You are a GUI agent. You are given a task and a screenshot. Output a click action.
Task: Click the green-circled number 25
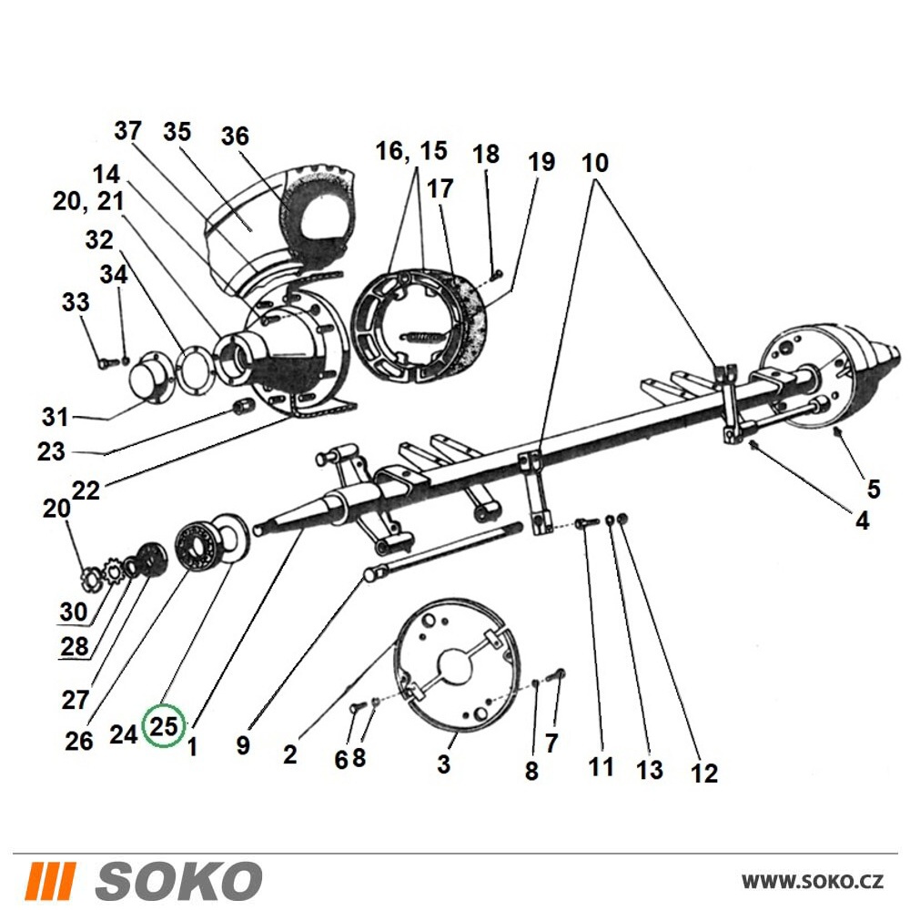(164, 725)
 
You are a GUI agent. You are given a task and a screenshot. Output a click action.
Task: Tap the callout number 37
(127, 130)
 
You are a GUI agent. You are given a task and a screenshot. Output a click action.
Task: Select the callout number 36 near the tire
(235, 136)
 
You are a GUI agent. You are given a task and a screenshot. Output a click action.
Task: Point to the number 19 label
(541, 162)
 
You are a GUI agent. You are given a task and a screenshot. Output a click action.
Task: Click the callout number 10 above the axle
(595, 163)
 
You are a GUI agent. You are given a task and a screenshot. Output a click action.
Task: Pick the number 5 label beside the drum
(874, 490)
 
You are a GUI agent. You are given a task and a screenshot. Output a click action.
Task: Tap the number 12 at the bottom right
(704, 773)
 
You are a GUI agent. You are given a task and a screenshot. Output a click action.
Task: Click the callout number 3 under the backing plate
(444, 763)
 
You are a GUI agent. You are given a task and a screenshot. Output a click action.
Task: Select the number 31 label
(56, 417)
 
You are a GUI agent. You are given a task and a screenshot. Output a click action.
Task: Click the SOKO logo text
(178, 880)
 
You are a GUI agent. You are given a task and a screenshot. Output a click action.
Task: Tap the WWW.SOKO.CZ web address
(813, 882)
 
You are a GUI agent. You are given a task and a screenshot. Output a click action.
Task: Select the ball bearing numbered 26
(197, 547)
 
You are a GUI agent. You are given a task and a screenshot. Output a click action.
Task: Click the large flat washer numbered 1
(231, 538)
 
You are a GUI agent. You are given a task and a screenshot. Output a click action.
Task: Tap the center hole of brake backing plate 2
(456, 664)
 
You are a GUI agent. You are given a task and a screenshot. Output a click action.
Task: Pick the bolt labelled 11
(587, 523)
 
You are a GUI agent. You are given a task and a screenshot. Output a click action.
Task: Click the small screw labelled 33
(108, 363)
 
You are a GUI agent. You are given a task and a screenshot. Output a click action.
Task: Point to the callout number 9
(243, 745)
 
